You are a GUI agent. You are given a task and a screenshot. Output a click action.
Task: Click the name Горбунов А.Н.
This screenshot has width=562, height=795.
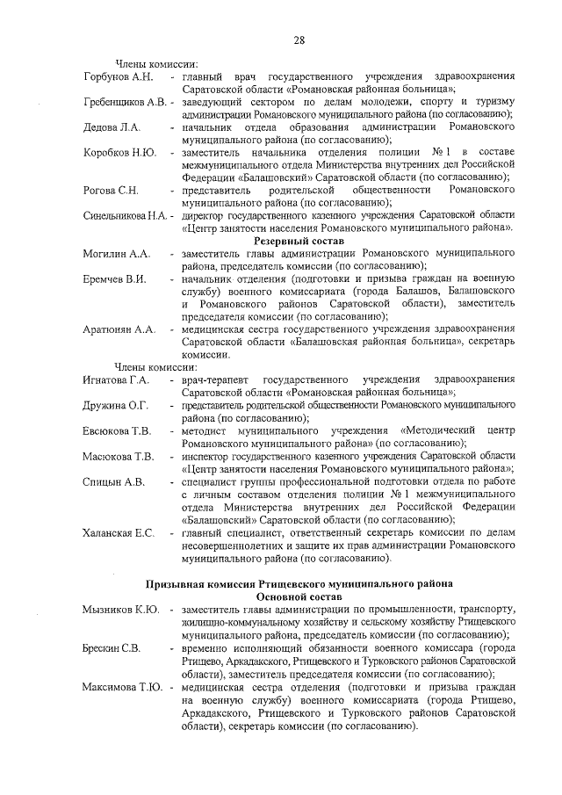[119, 76]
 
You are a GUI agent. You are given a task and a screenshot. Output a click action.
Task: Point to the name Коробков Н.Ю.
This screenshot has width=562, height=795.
[119, 153]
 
